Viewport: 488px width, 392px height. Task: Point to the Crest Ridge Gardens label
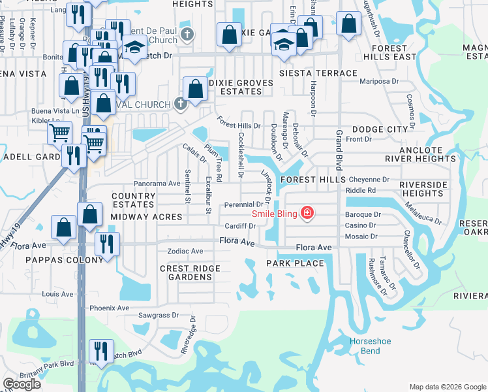pyautogui.click(x=190, y=272)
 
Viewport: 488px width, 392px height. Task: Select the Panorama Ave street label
pyautogui.click(x=157, y=184)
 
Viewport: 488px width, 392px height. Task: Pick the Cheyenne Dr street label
pyautogui.click(x=369, y=179)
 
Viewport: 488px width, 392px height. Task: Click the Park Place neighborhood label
pyautogui.click(x=295, y=263)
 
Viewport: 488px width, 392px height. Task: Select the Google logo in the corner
pyautogui.click(x=22, y=384)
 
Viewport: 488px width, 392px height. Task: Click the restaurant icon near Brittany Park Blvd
pyautogui.click(x=101, y=350)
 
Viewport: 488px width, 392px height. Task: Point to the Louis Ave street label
pyautogui.click(x=57, y=295)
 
